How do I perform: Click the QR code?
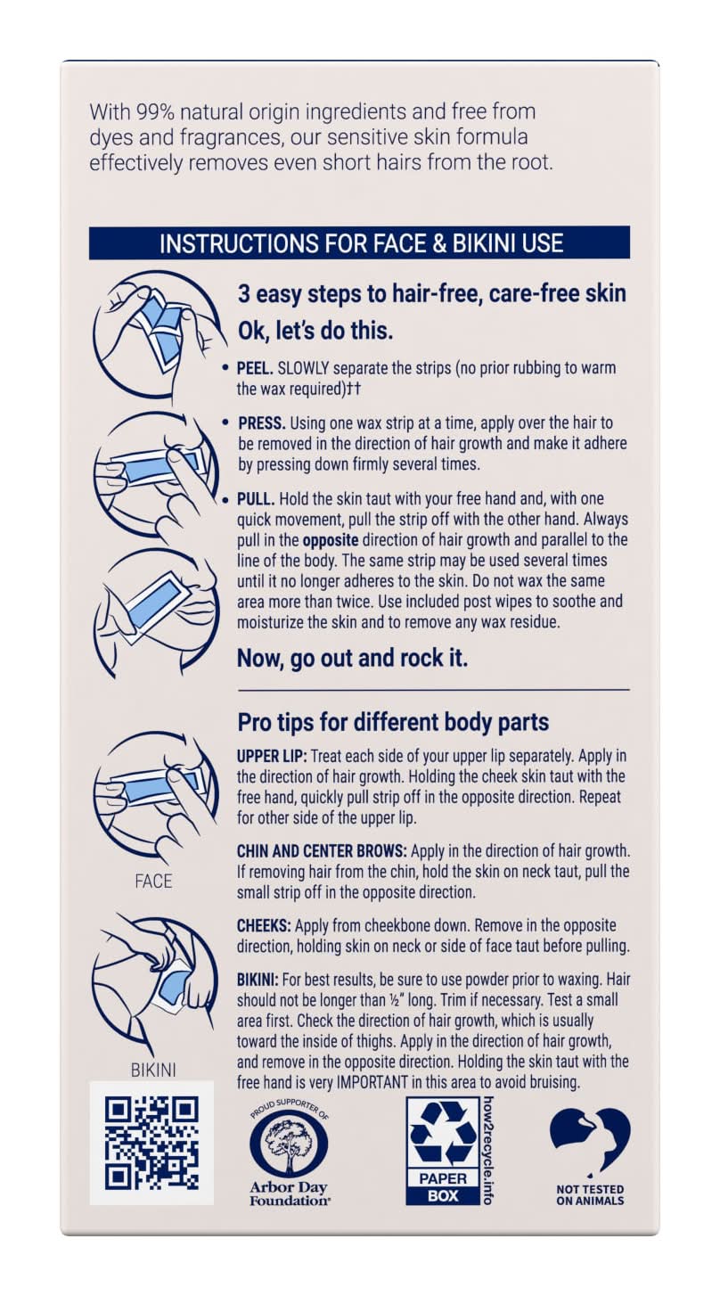[x=151, y=1143]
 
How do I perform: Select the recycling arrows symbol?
[x=442, y=1132]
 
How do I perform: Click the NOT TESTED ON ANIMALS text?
[x=590, y=1194]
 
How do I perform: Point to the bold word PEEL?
[x=255, y=368]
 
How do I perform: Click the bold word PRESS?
[x=261, y=422]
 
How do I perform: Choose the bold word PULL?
[x=256, y=499]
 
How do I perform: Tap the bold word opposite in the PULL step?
[x=331, y=540]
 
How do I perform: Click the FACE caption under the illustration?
[x=153, y=882]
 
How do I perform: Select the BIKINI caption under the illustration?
[x=153, y=1070]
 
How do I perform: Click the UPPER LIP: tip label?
[x=272, y=756]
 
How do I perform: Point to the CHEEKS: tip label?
[x=264, y=926]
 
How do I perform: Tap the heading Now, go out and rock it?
[x=352, y=659]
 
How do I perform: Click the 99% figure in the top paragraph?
[x=154, y=111]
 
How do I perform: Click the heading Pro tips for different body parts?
[x=393, y=722]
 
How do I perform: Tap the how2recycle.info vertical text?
[x=487, y=1150]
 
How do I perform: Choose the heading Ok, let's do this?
[x=315, y=331]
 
